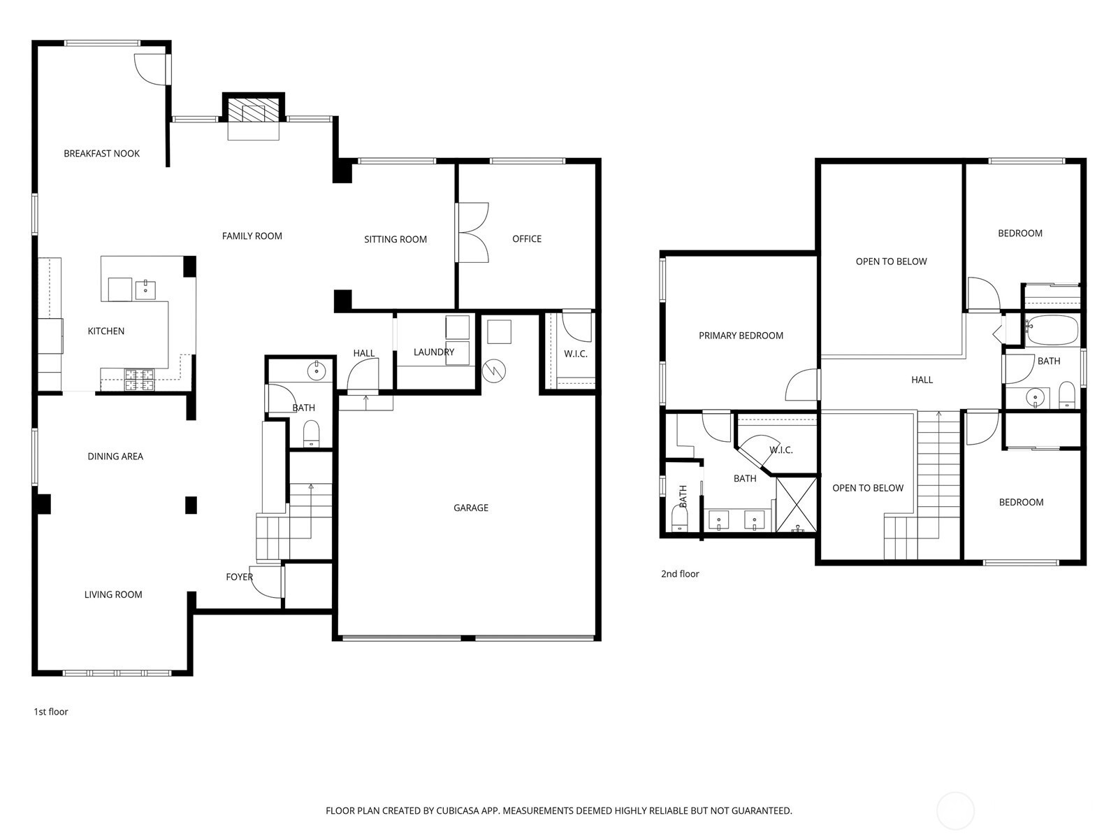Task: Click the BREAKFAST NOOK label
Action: coord(101,153)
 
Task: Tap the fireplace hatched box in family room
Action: coord(253,110)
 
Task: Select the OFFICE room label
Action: coord(527,239)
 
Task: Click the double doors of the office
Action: coord(472,233)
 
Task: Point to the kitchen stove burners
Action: coord(140,380)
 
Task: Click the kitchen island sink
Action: coord(145,289)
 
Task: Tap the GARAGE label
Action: coord(471,508)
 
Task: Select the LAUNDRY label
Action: coord(433,352)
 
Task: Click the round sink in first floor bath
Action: coord(317,371)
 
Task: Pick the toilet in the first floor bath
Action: coord(311,433)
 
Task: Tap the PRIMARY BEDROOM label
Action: coord(741,336)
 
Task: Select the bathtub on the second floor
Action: coord(1052,329)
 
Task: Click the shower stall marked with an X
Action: coord(796,505)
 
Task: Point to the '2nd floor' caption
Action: coord(680,573)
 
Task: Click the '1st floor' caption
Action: coord(51,712)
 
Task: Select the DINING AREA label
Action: coord(115,457)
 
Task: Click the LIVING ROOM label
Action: coord(113,594)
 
